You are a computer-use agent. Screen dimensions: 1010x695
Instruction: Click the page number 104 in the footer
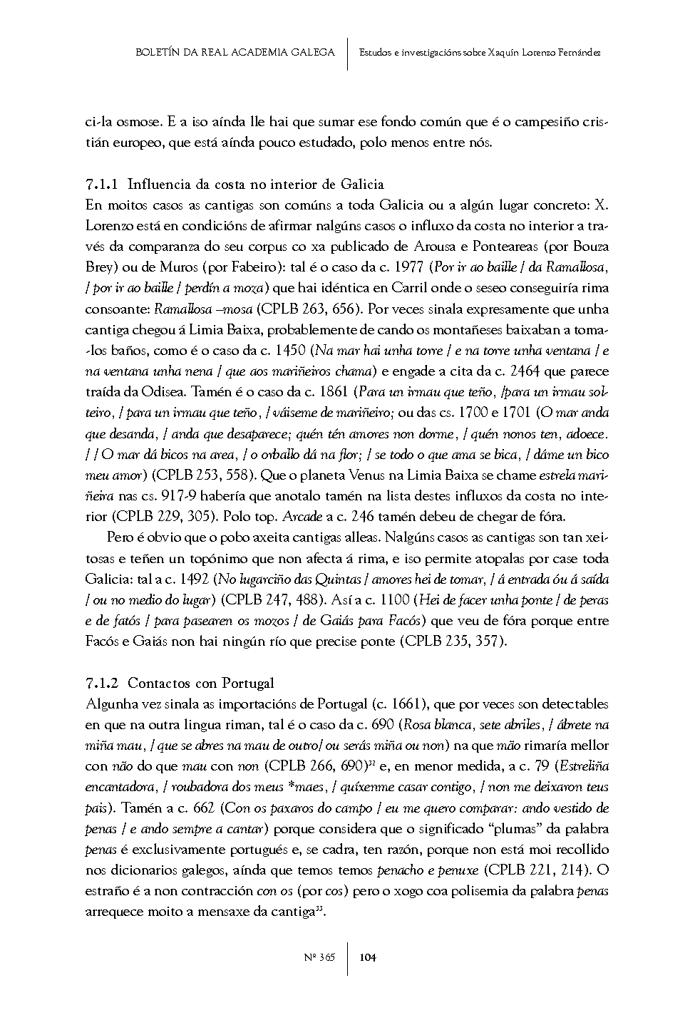pos(368,957)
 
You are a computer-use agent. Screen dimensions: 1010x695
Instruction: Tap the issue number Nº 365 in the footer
pos(319,957)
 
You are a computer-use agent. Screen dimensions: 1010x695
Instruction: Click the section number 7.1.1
pos(103,185)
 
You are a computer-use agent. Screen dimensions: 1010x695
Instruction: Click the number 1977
pos(409,268)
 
